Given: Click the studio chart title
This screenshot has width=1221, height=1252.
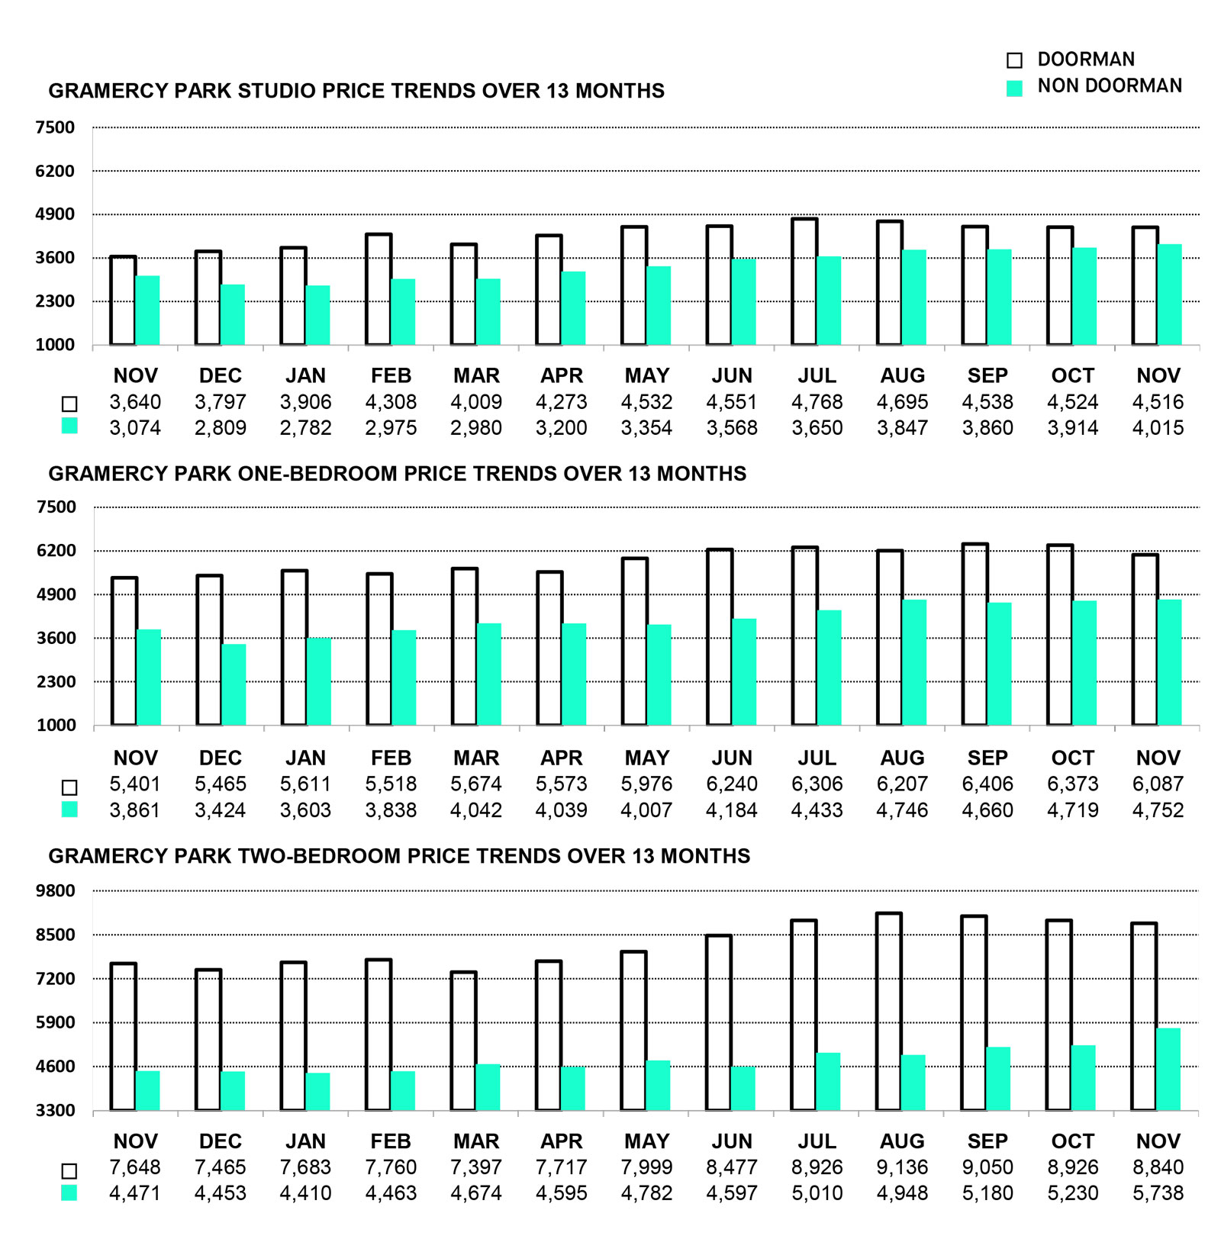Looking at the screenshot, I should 356,91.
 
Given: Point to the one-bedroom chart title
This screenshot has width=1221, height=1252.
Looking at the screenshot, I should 397,474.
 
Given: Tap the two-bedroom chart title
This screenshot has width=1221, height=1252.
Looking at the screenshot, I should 399,856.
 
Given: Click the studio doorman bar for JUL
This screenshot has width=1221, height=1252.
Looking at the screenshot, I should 804,282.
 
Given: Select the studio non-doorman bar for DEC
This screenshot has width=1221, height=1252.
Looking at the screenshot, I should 233,314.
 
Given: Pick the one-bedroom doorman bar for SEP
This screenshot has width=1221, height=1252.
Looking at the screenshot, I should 975,635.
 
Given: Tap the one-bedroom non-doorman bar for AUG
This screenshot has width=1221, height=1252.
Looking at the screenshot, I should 914,662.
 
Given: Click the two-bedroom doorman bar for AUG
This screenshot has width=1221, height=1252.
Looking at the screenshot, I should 888,1012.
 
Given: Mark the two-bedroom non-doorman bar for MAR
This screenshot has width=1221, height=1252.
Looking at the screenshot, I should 488,1087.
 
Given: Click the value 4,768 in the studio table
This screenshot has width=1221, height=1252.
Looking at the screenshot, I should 817,402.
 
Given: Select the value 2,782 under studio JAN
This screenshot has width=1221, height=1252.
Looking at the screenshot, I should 305,428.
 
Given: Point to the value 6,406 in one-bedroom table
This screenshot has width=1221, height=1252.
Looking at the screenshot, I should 987,784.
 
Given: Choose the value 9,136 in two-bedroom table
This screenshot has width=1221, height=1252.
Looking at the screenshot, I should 902,1167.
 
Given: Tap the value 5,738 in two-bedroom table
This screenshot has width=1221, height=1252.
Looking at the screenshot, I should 1158,1193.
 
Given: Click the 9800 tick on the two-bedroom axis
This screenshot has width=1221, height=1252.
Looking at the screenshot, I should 56,890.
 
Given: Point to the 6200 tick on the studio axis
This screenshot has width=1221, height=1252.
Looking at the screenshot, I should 55,171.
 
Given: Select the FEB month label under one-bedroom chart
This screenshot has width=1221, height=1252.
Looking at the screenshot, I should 391,758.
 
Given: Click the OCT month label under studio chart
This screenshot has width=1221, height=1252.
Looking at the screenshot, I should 1072,375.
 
